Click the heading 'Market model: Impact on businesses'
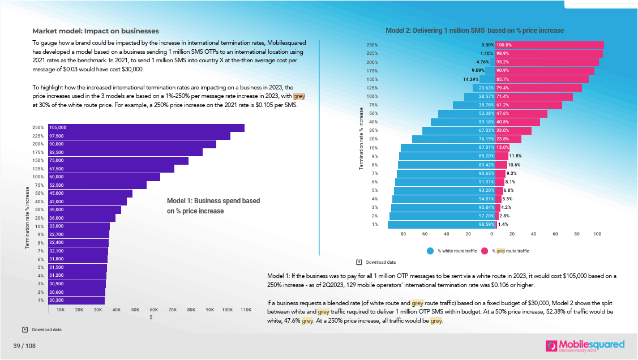[x=95, y=31]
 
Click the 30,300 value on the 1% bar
[x=57, y=301]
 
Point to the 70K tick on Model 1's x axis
[x=172, y=310]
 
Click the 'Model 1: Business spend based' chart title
[x=213, y=201]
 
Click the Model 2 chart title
[x=474, y=31]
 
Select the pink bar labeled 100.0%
[x=549, y=45]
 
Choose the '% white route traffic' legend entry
[x=455, y=251]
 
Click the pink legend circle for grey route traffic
[x=485, y=251]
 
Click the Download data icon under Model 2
[x=359, y=262]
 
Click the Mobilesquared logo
[x=585, y=345]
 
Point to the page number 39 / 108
[x=25, y=346]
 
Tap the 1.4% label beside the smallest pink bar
[x=502, y=225]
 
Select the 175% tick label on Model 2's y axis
[x=372, y=71]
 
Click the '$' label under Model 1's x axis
[x=151, y=318]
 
